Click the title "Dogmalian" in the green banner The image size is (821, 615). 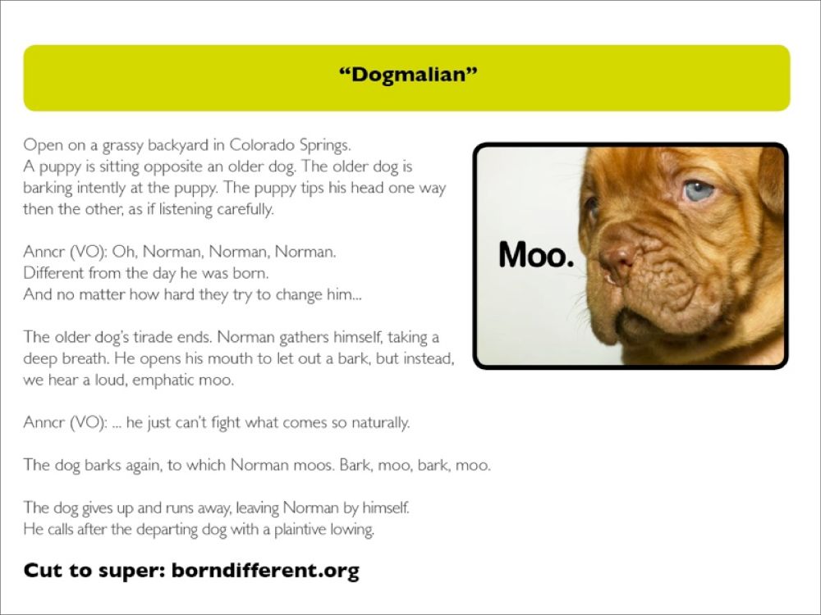tap(408, 75)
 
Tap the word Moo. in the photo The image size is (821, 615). tap(536, 255)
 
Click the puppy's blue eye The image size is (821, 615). tap(699, 191)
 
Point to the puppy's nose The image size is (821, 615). tap(618, 256)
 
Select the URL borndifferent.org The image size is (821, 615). tap(265, 570)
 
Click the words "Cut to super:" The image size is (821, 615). tap(94, 570)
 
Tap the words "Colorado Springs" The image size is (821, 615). tap(290, 145)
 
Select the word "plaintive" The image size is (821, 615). tap(300, 530)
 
